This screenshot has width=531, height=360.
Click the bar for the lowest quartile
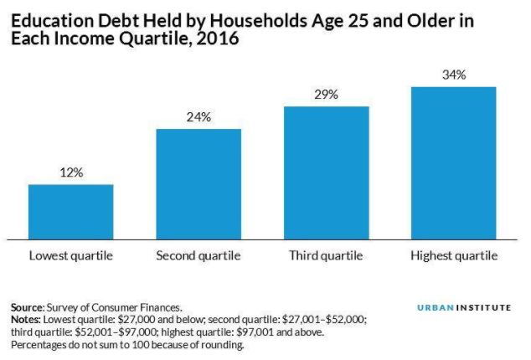click(70, 212)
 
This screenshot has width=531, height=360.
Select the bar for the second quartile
click(198, 184)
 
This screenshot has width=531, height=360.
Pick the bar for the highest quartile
click(454, 163)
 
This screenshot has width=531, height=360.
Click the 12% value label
click(70, 172)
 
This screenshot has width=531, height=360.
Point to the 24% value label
click(198, 116)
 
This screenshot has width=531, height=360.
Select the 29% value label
click(326, 95)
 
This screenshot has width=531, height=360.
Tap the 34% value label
click(454, 75)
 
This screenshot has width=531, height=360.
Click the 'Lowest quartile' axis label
click(70, 255)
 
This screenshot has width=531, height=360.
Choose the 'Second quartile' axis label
click(198, 255)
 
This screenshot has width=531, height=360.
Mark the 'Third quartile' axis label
click(326, 255)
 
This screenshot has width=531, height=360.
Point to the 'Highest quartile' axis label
click(454, 255)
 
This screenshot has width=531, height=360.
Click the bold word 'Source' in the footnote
click(27, 308)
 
